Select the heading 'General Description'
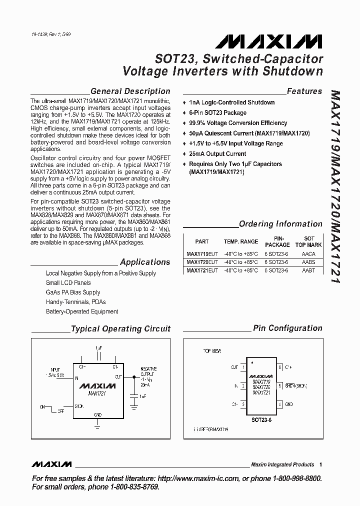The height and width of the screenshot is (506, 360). (x=130, y=91)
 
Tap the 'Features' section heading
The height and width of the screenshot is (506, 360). (x=304, y=91)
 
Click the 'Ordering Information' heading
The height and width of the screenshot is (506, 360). (x=280, y=224)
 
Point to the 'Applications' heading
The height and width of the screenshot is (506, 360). (x=145, y=262)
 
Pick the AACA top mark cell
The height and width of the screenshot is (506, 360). (x=309, y=254)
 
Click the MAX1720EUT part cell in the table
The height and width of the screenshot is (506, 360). (x=202, y=262)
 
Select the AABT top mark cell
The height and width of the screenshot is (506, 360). (x=309, y=270)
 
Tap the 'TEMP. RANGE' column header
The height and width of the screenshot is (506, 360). (x=241, y=241)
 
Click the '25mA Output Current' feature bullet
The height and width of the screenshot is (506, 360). (x=217, y=154)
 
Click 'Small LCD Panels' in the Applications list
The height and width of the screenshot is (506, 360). (x=68, y=283)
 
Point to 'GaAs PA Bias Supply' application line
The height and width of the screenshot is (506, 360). (x=73, y=292)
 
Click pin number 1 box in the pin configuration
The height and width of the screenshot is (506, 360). (x=243, y=367)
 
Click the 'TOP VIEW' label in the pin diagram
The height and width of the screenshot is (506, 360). (x=212, y=351)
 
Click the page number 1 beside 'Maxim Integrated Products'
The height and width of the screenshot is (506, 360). (x=320, y=464)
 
